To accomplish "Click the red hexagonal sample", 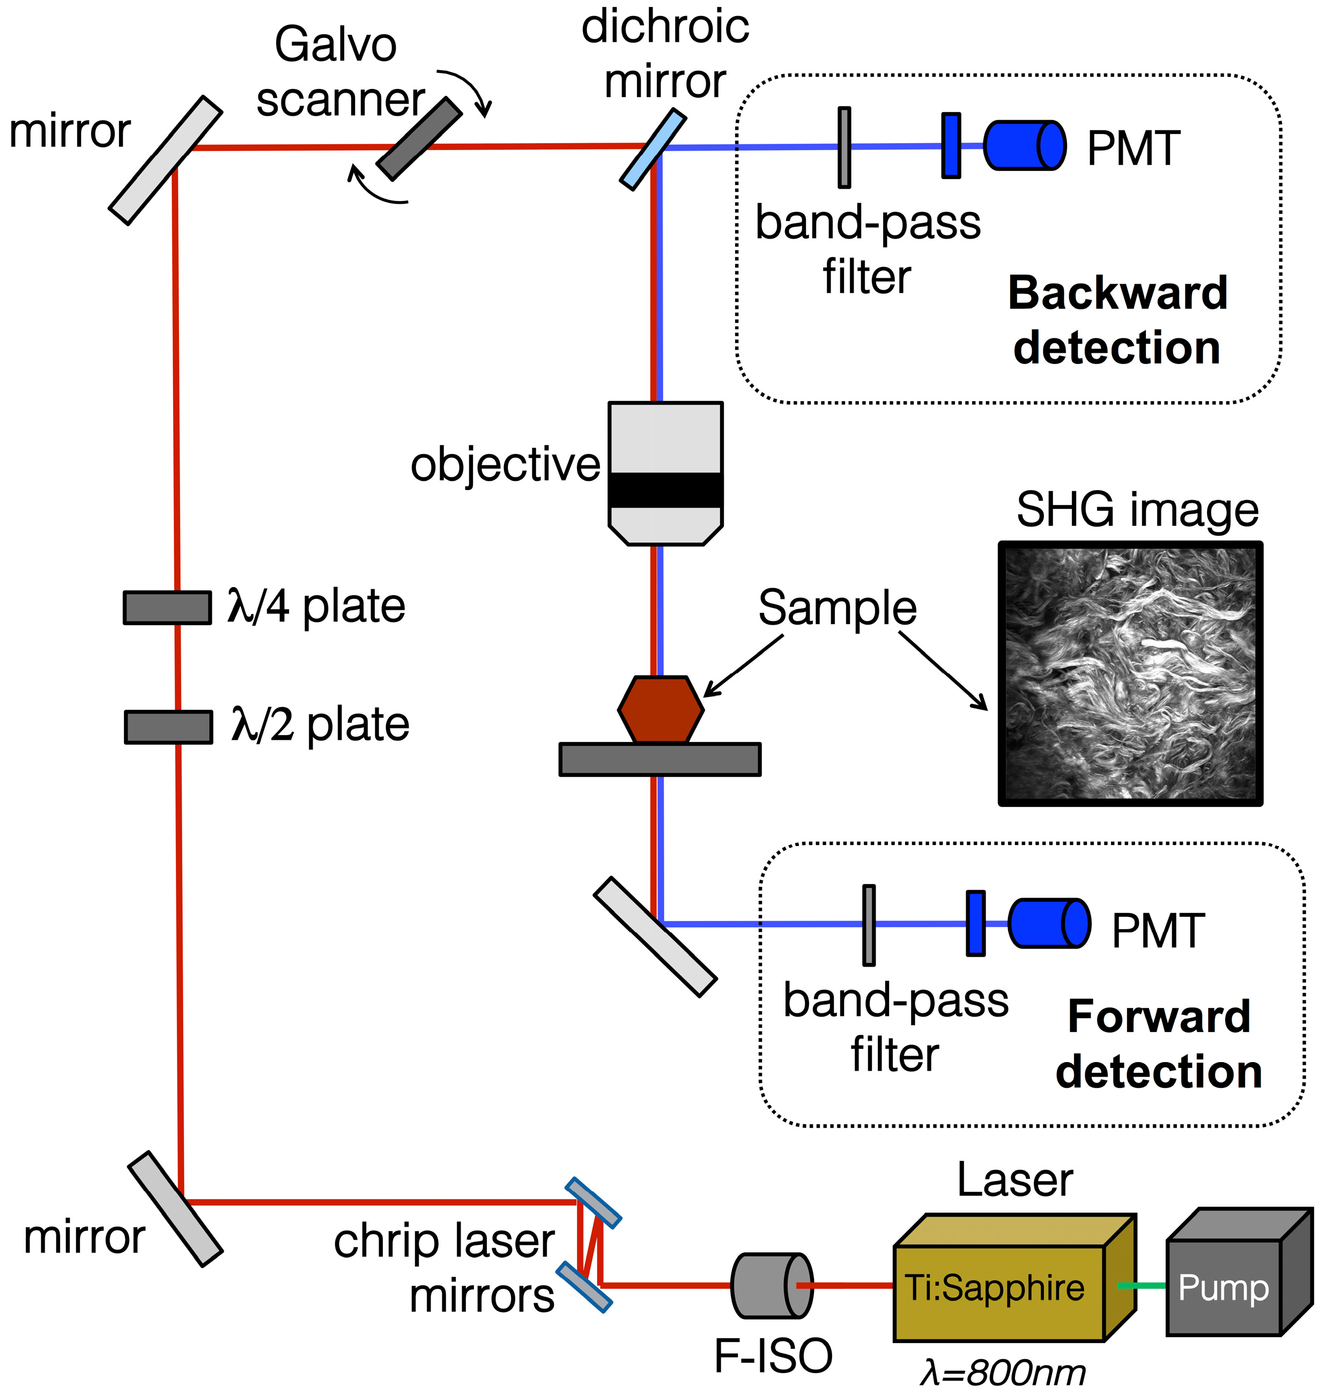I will tap(660, 709).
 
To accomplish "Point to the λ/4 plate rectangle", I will tap(167, 607).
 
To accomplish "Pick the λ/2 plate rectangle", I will tap(168, 726).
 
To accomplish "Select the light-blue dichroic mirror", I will tap(653, 149).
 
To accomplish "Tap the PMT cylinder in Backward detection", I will tap(1024, 146).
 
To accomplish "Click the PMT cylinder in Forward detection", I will tap(1048, 923).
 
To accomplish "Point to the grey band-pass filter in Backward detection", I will tap(844, 147).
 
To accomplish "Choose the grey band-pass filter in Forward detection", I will tap(869, 925).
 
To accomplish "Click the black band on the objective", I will tap(665, 491).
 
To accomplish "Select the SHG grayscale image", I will tap(1130, 673).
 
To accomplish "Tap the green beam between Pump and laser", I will tap(1142, 1285).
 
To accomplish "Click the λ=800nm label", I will tap(1002, 1373).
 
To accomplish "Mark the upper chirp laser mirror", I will tap(593, 1202).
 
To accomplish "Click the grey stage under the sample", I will tap(660, 759).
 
